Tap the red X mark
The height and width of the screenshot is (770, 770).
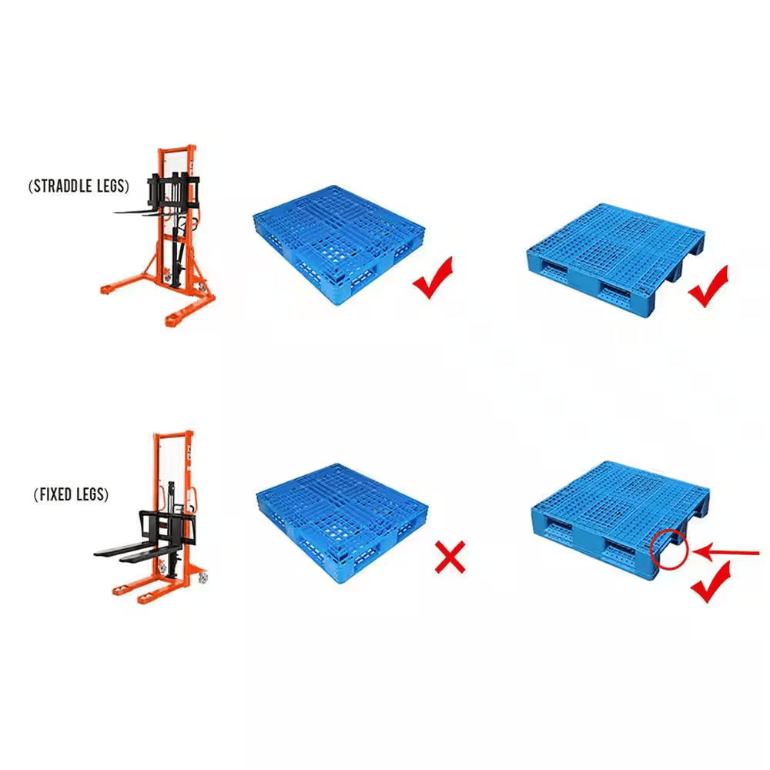coord(450,557)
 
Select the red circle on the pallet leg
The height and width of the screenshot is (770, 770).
coord(668,547)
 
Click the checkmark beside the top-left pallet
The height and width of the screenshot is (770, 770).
coord(433,278)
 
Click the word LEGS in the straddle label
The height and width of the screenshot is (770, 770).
coord(110,186)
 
